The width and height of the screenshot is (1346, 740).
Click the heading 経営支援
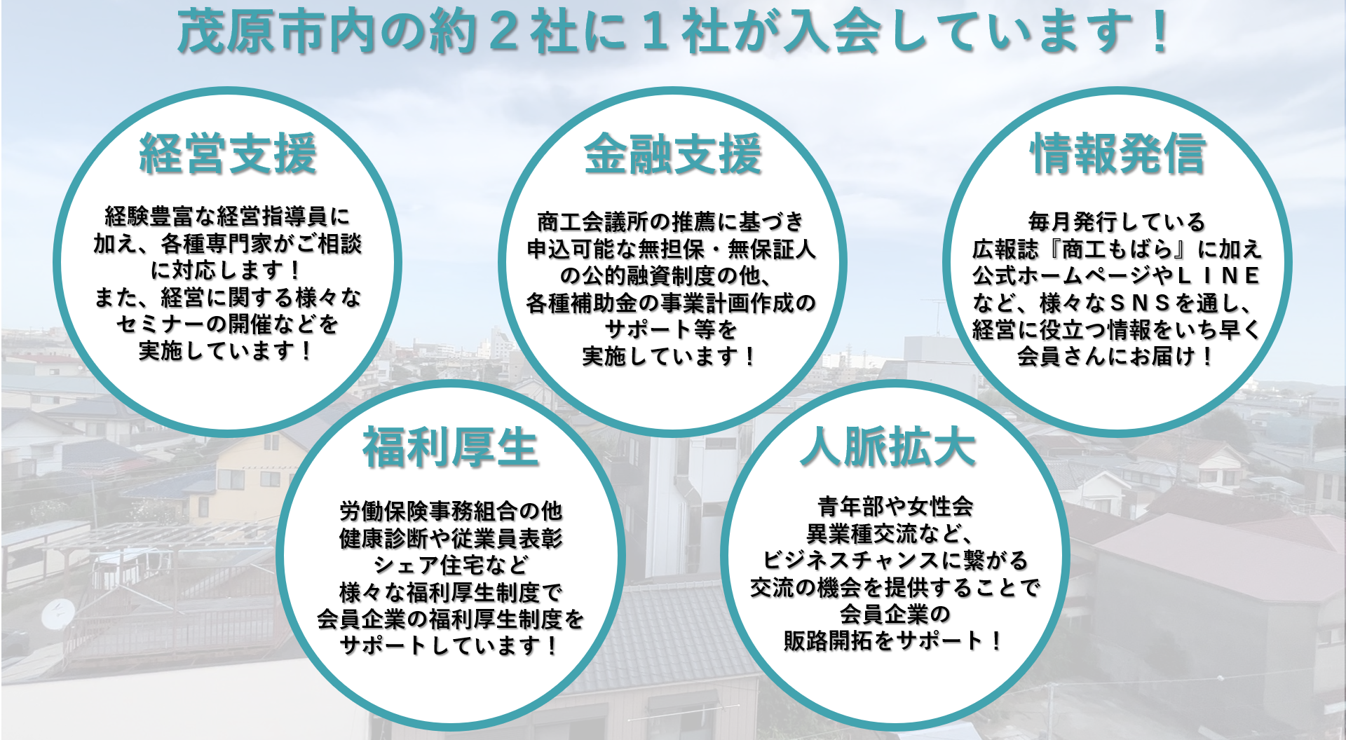pos(228,153)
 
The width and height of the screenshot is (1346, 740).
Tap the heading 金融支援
pos(673,153)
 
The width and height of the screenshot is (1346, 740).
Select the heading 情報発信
pos(1118,153)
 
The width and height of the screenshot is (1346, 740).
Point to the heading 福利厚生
pos(450,448)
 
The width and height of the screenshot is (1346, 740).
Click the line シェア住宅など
pos(451,565)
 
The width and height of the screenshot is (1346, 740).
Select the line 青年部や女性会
pos(895,506)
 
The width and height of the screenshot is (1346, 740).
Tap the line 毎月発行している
pos(1117,221)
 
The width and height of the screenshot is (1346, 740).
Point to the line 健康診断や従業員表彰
pos(451,538)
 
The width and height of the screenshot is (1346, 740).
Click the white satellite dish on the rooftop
pos(57,615)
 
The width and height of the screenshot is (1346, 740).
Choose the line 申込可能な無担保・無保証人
pos(672,249)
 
